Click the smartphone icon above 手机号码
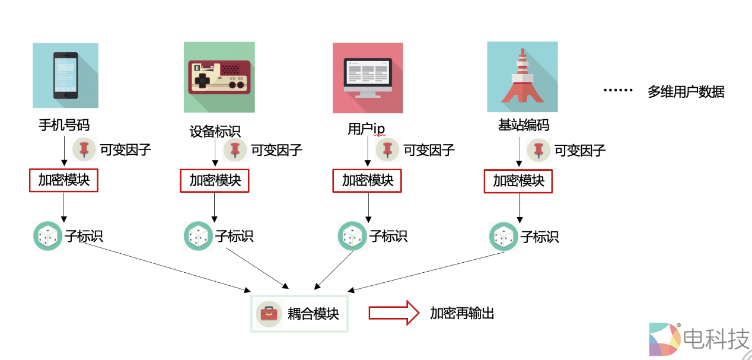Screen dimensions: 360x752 [x=65, y=75]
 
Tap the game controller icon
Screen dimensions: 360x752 [x=219, y=77]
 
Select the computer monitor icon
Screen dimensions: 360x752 [x=368, y=78]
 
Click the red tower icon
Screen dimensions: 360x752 [x=522, y=77]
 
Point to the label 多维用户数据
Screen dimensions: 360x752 [x=686, y=92]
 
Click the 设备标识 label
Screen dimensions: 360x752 [x=215, y=132]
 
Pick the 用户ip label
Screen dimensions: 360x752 [x=366, y=129]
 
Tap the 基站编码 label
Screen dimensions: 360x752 [x=524, y=126]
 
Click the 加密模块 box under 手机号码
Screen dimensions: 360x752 [x=63, y=180]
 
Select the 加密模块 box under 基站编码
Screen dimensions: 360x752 [x=518, y=181]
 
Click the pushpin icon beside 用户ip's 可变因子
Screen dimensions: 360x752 [x=388, y=149]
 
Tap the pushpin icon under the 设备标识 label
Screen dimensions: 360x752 [x=235, y=149]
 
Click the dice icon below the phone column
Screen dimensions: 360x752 [x=47, y=236]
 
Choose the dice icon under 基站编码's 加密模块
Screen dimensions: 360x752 [x=504, y=237]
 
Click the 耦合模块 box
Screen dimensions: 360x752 [x=299, y=314]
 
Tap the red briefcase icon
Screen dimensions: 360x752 [x=269, y=314]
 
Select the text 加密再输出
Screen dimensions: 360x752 [x=462, y=313]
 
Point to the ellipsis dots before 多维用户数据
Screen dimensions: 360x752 [x=619, y=91]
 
